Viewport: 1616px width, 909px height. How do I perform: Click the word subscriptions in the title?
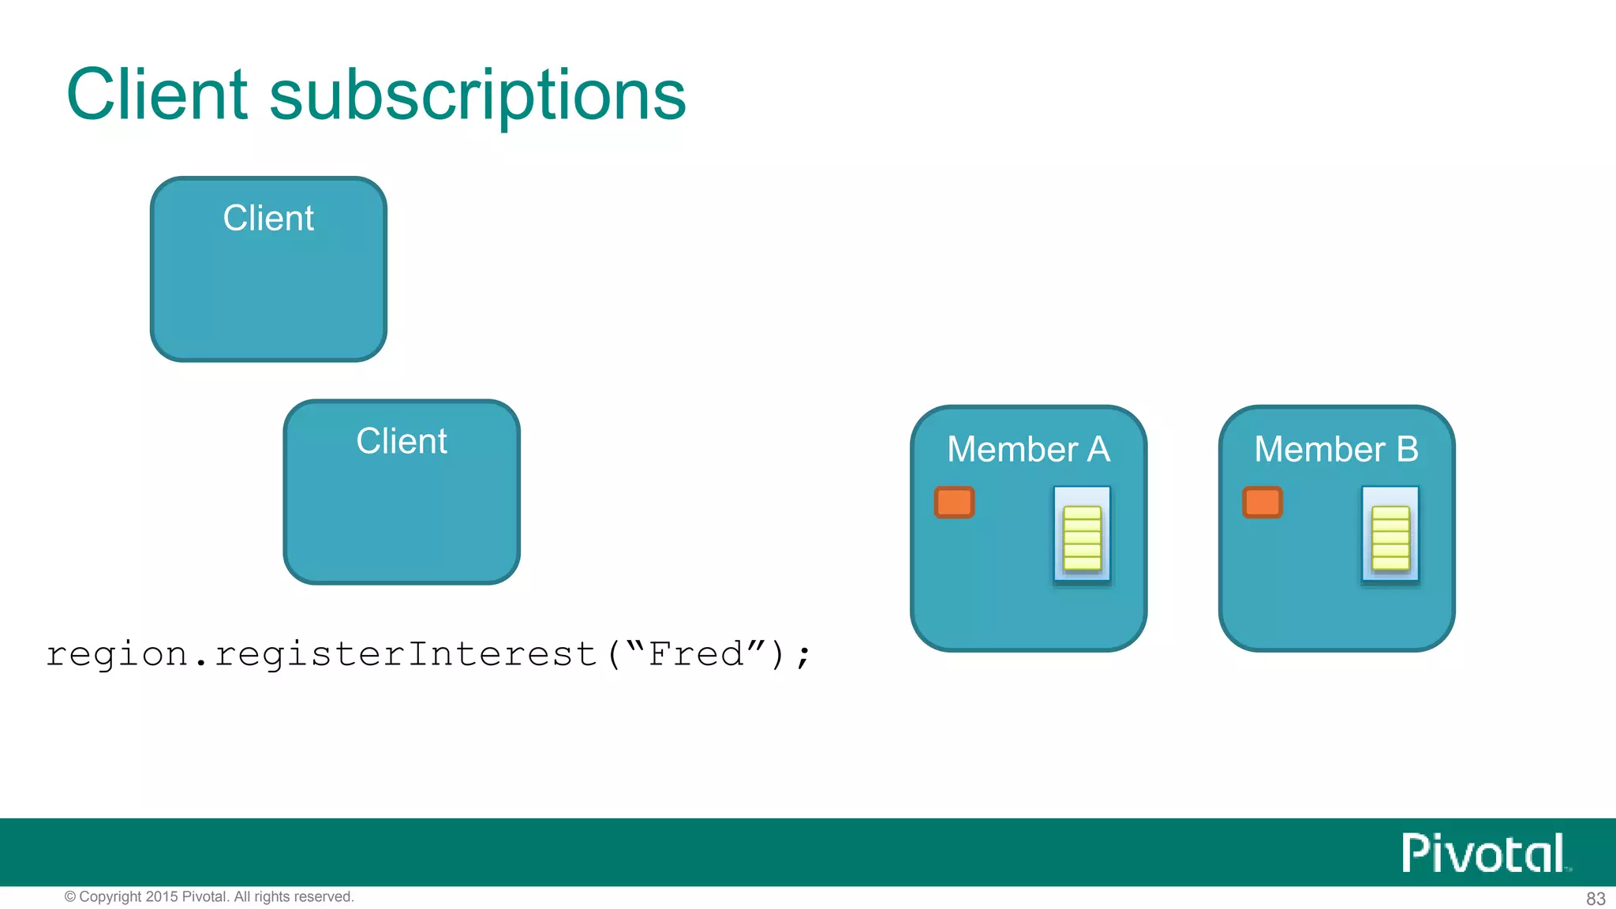coord(477,96)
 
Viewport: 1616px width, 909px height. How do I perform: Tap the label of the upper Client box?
coord(268,219)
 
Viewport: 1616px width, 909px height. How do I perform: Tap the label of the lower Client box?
coord(402,441)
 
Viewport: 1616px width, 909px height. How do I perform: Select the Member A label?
coord(1028,450)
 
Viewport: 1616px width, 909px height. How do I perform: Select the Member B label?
coord(1336,450)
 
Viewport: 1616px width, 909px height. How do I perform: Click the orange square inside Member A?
coord(954,503)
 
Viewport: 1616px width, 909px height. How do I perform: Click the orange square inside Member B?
coord(1262,503)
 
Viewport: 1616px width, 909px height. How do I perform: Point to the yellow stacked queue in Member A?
coord(1082,538)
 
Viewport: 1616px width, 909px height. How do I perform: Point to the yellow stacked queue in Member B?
coord(1390,538)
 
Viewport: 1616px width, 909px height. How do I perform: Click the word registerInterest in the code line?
coord(405,655)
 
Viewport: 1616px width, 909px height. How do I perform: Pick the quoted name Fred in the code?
coord(696,654)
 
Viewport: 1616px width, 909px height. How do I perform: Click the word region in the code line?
coord(117,655)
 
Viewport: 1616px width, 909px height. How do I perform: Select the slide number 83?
coord(1595,899)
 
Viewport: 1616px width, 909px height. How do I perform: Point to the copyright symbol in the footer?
coord(70,897)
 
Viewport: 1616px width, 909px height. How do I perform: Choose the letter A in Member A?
coord(1098,450)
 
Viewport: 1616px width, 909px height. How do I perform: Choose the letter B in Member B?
coord(1407,450)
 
